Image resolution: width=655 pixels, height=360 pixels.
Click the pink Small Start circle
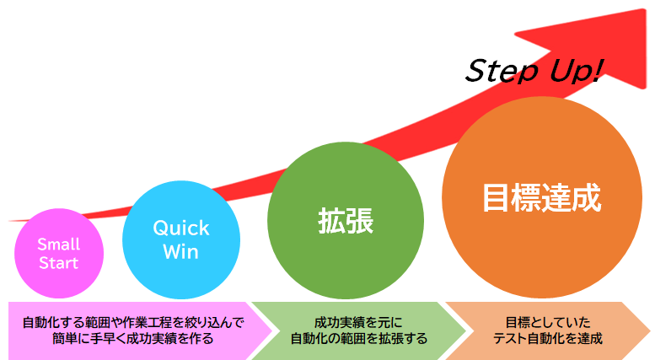tap(59, 254)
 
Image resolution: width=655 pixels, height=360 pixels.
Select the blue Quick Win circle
tap(181, 239)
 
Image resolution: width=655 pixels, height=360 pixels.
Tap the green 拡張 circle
tap(346, 221)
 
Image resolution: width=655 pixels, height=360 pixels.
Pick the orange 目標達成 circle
tap(542, 197)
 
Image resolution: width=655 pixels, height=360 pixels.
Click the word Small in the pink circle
tap(58, 244)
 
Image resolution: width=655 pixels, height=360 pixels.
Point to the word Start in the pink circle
tap(58, 263)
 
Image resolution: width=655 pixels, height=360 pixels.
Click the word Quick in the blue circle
tap(181, 228)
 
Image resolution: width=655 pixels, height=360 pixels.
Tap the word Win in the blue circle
tap(181, 252)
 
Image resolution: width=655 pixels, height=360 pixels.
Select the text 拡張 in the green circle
tap(346, 221)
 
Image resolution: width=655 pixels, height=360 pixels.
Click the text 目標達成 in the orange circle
tap(542, 197)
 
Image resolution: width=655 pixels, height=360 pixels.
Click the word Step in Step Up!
tap(502, 71)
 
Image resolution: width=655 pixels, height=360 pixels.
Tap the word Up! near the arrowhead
tap(577, 70)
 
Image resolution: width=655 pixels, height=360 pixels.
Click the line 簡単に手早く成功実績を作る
tap(133, 338)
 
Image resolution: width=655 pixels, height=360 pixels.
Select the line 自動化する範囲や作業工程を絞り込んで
tap(133, 322)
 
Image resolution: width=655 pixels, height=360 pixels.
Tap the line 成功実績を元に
tap(358, 322)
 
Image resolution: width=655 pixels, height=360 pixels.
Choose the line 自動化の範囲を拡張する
tap(358, 338)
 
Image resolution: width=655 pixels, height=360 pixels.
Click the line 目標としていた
tap(548, 322)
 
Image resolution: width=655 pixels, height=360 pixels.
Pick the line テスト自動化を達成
tap(548, 338)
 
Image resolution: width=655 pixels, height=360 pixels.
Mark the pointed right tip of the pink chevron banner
tap(272, 330)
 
